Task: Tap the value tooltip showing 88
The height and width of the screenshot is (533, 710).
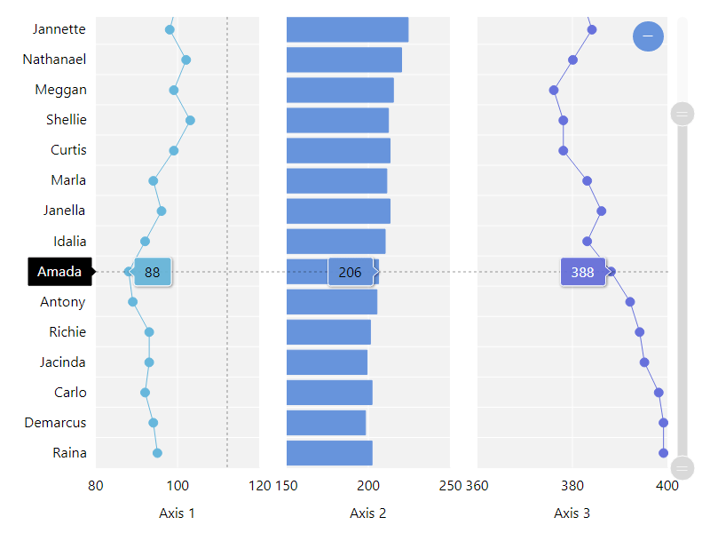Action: coord(153,273)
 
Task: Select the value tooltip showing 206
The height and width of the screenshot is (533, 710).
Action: coord(351,273)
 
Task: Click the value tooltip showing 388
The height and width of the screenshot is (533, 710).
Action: coord(582,273)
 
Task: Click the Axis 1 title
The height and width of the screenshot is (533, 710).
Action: coord(177,513)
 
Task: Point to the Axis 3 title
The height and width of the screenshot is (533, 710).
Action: coord(572,513)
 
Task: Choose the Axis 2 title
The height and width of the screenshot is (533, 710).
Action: coord(367,513)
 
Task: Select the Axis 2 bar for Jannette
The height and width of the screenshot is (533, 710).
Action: coord(347,29)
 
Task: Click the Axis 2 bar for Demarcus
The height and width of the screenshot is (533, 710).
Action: coord(326,423)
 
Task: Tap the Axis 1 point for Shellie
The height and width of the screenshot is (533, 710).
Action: coord(190,120)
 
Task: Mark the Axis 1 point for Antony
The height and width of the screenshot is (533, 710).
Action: coord(132,302)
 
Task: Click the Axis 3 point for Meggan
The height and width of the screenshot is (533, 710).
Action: coord(554,90)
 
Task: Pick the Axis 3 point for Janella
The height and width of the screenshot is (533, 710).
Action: coord(602,211)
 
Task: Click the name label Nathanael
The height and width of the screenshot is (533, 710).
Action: coord(54,60)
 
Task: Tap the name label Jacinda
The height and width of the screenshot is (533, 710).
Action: coord(62,362)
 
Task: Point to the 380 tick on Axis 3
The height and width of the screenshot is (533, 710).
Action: coord(572,485)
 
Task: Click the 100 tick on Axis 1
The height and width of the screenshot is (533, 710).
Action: coord(177,485)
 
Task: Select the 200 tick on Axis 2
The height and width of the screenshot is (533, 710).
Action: coord(368,485)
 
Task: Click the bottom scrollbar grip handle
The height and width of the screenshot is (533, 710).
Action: coord(682,467)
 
